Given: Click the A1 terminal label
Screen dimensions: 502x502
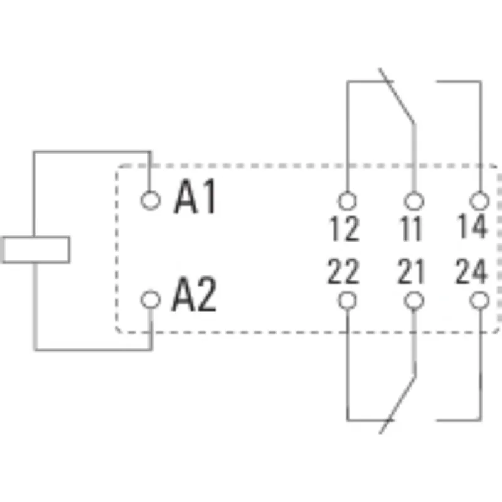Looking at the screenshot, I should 195,198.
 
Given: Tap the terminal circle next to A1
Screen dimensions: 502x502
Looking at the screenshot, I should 150,200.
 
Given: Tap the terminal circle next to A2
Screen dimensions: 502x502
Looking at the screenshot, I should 150,299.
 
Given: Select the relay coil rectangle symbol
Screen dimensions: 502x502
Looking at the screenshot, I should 35,249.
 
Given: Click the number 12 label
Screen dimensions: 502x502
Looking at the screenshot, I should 344,230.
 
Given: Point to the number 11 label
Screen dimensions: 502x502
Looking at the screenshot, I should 411,230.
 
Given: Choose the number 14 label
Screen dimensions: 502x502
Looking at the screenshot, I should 472,227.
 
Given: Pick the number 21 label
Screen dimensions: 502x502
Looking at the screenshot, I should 411,272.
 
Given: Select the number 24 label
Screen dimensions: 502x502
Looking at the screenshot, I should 471,272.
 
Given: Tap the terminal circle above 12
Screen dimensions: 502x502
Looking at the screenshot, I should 346,201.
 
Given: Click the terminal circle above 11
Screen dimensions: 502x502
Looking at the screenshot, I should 413,201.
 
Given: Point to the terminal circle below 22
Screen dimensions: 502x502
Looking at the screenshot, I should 346,301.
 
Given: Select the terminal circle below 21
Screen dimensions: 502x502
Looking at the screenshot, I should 413,301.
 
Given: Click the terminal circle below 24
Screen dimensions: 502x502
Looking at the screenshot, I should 479,301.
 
